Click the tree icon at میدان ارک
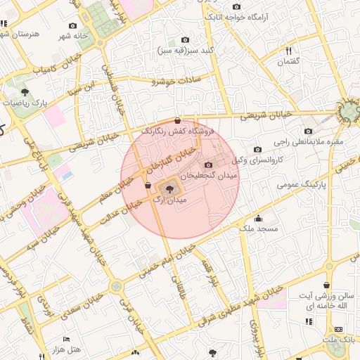click(169, 188)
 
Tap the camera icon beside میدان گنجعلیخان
click(210, 164)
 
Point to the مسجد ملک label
click(259, 229)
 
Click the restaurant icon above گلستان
click(288, 51)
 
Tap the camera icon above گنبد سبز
click(185, 40)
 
